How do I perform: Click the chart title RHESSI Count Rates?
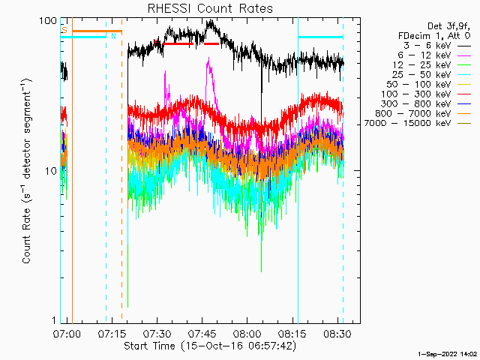pyautogui.click(x=209, y=9)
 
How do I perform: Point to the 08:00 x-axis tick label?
pyautogui.click(x=247, y=332)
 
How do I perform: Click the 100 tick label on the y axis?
pyautogui.click(x=49, y=20)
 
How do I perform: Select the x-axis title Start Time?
pyautogui.click(x=209, y=346)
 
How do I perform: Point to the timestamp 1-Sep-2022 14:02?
pyautogui.click(x=448, y=352)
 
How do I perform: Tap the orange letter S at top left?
pyautogui.click(x=64, y=31)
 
